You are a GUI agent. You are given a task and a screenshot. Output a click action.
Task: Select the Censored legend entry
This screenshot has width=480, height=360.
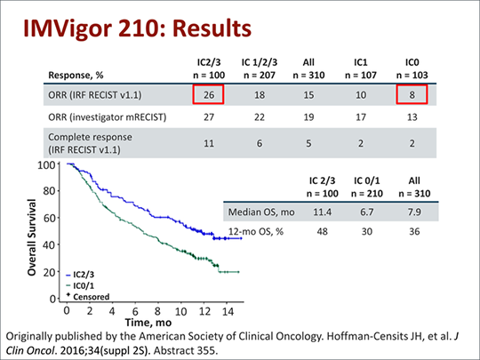click(87, 295)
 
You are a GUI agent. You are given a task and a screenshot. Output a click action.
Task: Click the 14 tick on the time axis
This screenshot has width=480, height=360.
click(227, 312)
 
